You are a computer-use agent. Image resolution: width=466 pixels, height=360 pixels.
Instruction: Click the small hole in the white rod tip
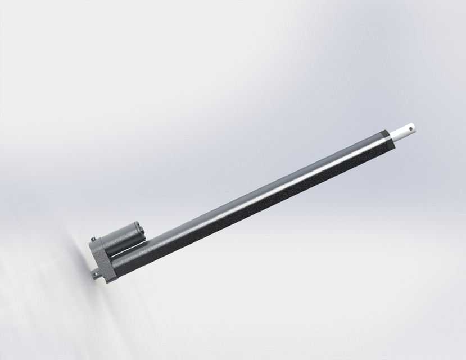[x=411, y=128]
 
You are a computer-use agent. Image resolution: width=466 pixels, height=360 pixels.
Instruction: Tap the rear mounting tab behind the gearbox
[x=97, y=274]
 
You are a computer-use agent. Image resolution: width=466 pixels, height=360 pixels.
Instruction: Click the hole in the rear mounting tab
[x=96, y=274]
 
